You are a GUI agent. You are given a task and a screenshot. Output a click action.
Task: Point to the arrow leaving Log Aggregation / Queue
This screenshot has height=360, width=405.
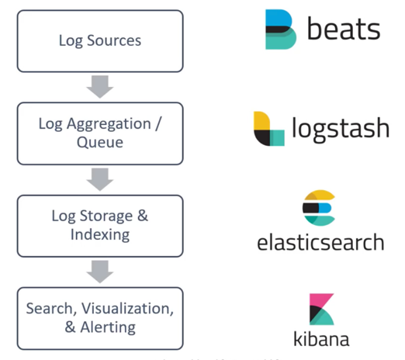pos(100,178)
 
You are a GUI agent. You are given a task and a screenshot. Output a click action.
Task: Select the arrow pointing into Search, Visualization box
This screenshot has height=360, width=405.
pos(100,271)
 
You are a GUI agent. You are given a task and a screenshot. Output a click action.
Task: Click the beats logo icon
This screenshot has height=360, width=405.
pos(280,30)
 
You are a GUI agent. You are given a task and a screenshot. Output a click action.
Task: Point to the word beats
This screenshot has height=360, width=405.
pos(343,30)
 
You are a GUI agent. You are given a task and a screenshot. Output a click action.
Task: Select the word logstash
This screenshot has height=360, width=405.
pos(340,129)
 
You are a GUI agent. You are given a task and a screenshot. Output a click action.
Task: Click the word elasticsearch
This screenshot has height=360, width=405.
pos(320,242)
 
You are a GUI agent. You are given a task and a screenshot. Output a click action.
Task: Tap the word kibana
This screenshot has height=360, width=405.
pos(320,339)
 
